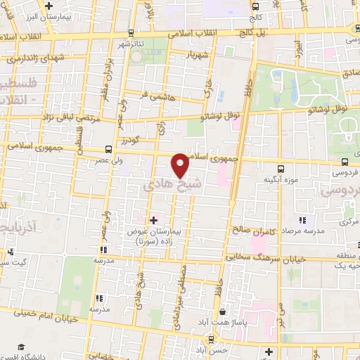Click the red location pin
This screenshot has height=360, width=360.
coord(181,165)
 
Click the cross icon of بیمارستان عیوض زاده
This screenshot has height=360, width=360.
coord(154,220)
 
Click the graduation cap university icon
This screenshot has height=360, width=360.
coord(21,348)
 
